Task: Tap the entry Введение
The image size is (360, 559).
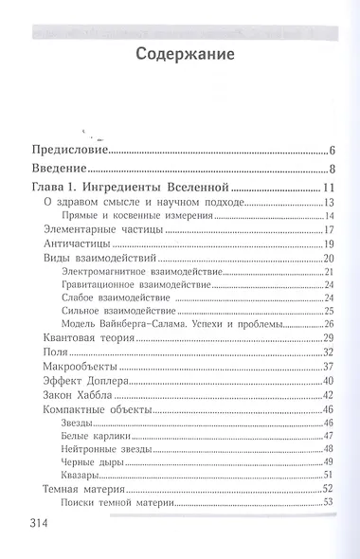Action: (x=60, y=168)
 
